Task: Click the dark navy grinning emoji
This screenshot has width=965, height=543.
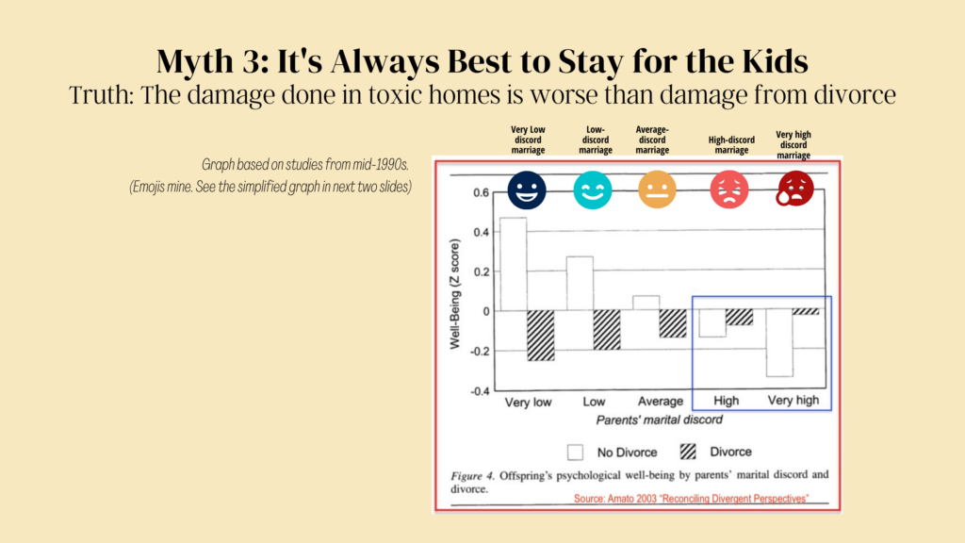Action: (x=527, y=190)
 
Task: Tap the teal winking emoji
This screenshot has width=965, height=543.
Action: (x=593, y=190)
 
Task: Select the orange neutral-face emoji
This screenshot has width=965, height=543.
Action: (x=657, y=189)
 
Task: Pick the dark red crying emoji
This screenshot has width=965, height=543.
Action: (x=794, y=189)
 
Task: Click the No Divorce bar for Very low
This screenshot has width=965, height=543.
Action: (x=514, y=264)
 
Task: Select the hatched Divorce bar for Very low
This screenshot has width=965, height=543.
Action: (x=540, y=336)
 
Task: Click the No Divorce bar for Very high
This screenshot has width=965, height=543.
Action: (x=779, y=343)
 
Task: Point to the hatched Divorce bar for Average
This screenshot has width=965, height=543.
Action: (x=673, y=324)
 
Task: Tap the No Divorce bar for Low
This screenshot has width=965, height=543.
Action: (x=580, y=284)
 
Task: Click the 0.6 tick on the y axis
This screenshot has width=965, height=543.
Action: (x=482, y=192)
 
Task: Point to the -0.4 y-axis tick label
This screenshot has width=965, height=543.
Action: (x=480, y=391)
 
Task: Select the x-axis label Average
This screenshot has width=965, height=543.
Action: (x=661, y=402)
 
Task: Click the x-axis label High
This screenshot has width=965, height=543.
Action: (x=727, y=401)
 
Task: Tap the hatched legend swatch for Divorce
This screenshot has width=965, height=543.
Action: (x=688, y=452)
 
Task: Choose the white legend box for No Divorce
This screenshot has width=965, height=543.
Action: (x=576, y=452)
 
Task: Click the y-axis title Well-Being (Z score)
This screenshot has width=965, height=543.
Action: (x=455, y=294)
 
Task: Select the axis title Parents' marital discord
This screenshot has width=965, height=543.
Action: (x=659, y=420)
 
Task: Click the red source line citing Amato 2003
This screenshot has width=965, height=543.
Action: (x=691, y=499)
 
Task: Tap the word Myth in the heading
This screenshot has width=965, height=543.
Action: (x=194, y=61)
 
